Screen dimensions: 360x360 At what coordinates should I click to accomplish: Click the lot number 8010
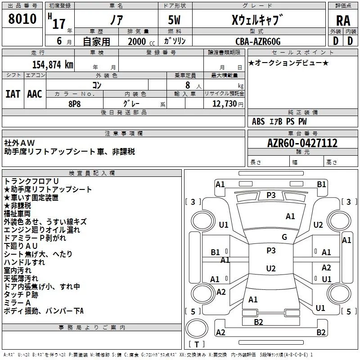[22, 19]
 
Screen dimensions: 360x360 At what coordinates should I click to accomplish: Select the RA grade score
[343, 21]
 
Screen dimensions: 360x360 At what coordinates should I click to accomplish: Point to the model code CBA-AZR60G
[258, 41]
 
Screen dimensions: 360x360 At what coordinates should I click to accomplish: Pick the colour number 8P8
[75, 103]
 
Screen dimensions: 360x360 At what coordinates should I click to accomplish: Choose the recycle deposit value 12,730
[223, 103]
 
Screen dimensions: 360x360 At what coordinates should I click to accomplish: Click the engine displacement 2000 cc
[137, 41]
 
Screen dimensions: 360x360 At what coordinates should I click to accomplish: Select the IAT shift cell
[13, 94]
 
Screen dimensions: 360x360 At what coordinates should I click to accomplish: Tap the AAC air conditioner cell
[35, 94]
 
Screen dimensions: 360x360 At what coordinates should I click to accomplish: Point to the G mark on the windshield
[284, 237]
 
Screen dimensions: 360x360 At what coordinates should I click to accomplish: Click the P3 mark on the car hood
[271, 195]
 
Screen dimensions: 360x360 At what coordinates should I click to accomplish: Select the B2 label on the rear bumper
[258, 322]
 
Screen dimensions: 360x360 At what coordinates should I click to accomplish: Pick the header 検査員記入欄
[92, 173]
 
